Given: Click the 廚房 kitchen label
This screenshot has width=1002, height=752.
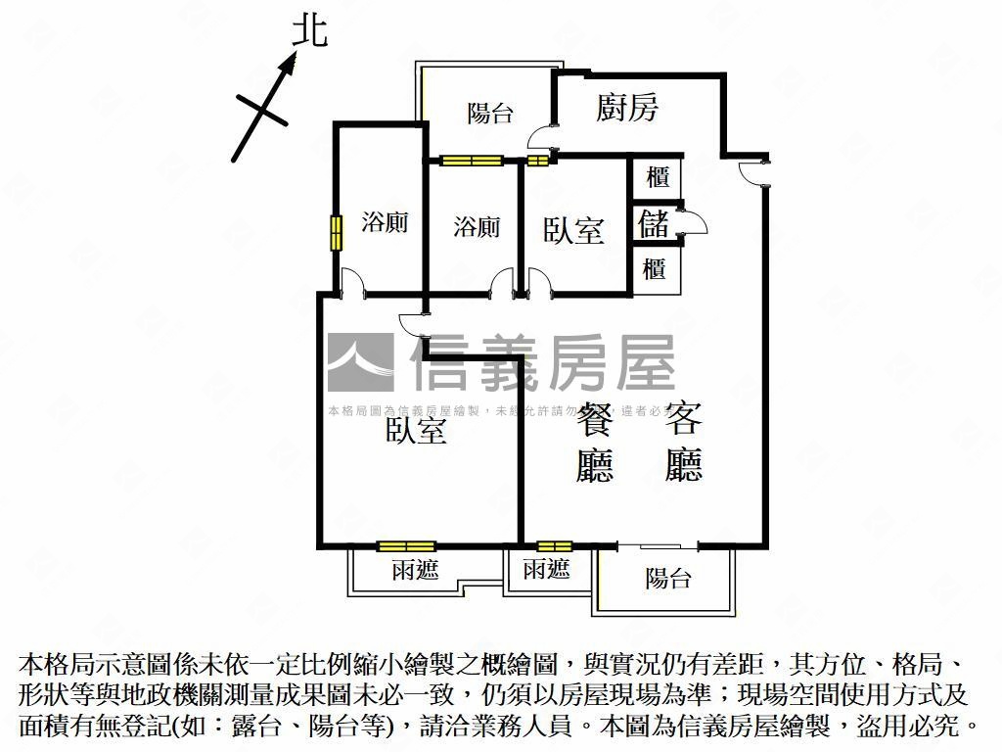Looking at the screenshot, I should [x=627, y=108].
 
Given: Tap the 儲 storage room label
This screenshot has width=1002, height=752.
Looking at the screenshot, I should [x=654, y=223].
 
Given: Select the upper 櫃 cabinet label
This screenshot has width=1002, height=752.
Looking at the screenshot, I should [x=658, y=178].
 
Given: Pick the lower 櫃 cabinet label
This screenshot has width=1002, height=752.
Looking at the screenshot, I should [x=655, y=268].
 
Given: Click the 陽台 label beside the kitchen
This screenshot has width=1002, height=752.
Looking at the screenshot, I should [x=490, y=114].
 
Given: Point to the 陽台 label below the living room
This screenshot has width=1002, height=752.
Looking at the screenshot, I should [x=668, y=579].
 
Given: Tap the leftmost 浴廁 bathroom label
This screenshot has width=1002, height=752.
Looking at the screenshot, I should [x=385, y=222].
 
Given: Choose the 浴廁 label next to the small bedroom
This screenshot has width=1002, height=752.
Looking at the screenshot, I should [x=477, y=227].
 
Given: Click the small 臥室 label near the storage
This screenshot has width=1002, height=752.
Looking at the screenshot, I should [x=573, y=231].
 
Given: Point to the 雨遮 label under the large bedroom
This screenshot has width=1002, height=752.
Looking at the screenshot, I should [x=416, y=571].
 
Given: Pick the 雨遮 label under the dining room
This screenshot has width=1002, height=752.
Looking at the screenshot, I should [x=546, y=569].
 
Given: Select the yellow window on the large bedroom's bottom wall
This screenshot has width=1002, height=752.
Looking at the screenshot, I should [x=406, y=546].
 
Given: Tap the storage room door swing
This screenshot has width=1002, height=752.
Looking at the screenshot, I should [x=693, y=223].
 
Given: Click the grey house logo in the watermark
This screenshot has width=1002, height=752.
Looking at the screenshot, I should [x=360, y=362].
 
